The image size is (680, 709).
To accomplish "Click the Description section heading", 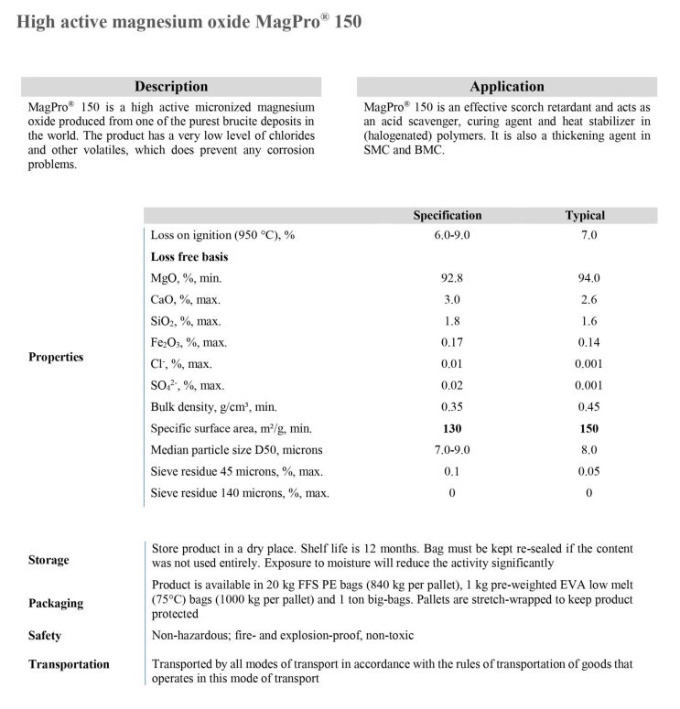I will (x=171, y=87).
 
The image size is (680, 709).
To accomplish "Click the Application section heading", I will (x=506, y=87).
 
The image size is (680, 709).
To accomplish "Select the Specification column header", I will (x=447, y=216).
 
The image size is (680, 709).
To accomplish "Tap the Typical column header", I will (x=585, y=216).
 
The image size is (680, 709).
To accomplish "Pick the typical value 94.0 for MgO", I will (x=588, y=278).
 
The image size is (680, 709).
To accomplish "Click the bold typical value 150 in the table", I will (x=588, y=428).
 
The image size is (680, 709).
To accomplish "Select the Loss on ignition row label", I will (x=223, y=235).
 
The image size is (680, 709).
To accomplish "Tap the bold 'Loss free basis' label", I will (x=189, y=257).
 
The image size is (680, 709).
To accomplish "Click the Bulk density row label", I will (x=213, y=407).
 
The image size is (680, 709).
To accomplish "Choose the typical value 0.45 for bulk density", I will (x=588, y=407).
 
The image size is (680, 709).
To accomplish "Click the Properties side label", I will (x=57, y=357).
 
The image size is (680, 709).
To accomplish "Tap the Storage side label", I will (x=49, y=560).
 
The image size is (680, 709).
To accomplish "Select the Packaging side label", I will (x=56, y=603).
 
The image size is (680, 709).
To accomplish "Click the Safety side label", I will (x=45, y=635).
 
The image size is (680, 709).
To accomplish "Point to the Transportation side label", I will (x=69, y=664).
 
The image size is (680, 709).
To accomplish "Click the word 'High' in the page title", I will (x=38, y=21).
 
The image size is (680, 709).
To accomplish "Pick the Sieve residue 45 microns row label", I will (x=237, y=472).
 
